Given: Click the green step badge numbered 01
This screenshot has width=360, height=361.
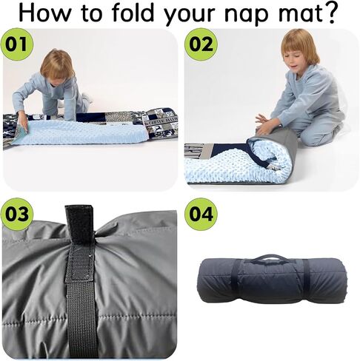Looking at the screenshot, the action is tap(17, 44).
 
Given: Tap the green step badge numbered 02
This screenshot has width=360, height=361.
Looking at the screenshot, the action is tap(201, 44).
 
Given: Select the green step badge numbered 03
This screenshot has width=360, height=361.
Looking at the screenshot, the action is tap(17, 214).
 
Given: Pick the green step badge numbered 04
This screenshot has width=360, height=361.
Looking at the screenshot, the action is tap(201, 214).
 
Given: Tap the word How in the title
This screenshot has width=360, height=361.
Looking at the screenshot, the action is tap(44, 13).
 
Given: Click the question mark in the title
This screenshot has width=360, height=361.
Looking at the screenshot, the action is tap(328, 13).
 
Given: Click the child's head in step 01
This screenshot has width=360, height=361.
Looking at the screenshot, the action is tap(57, 67).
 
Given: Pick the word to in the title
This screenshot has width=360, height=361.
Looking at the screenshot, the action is tap(91, 13).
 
